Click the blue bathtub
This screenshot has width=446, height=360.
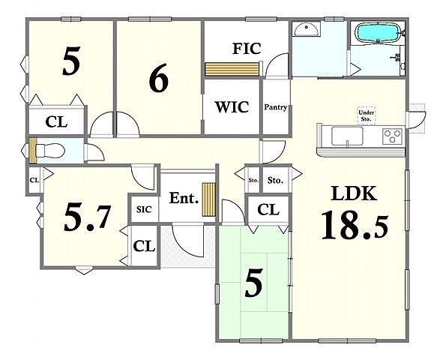pyautogui.click(x=378, y=33)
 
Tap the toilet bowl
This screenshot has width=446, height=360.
pyautogui.click(x=50, y=150)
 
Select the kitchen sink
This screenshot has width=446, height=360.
pyautogui.click(x=347, y=136)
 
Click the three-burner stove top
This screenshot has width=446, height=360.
pyautogui.click(x=392, y=136)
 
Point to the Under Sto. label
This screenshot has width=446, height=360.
pyautogui.click(x=366, y=115)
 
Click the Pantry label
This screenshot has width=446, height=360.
pyautogui.click(x=275, y=107)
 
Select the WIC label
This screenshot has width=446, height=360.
pyautogui.click(x=232, y=107)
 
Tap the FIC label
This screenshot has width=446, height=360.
pyautogui.click(x=247, y=49)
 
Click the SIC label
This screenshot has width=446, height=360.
pyautogui.click(x=144, y=209)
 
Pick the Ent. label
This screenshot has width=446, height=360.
pyautogui.click(x=184, y=198)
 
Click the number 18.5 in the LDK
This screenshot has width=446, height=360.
pyautogui.click(x=355, y=224)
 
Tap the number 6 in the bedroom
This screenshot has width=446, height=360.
pyautogui.click(x=159, y=78)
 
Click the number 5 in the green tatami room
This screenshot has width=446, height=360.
pyautogui.click(x=253, y=283)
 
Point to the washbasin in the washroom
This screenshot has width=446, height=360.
pyautogui.click(x=307, y=29)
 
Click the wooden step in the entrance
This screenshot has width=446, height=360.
pyautogui.click(x=209, y=199)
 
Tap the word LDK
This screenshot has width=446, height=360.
pyautogui.click(x=354, y=193)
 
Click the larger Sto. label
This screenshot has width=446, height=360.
pyautogui.click(x=275, y=180)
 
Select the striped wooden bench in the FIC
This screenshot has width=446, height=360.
pyautogui.click(x=232, y=69)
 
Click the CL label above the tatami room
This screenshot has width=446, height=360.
pyautogui.click(x=268, y=209)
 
